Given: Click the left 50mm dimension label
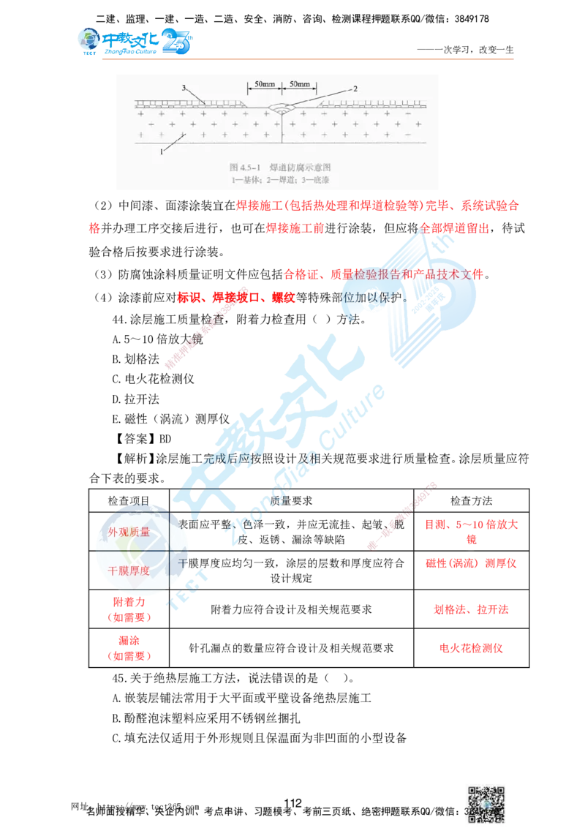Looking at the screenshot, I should point(264,85).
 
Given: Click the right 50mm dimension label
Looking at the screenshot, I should point(299,85).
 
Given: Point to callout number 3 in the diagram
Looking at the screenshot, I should point(185,88).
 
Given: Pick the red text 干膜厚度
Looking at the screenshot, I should point(129,571).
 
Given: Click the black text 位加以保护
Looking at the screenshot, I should point(369,299).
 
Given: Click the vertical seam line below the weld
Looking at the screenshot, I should point(282,132).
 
